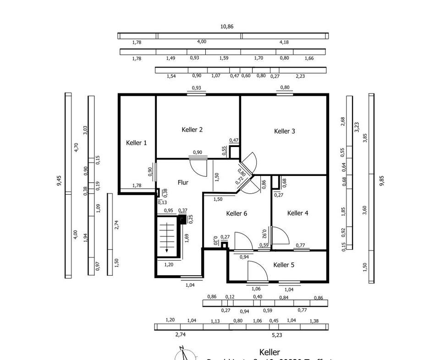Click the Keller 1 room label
pyautogui.click(x=137, y=143)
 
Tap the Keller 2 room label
pyautogui.click(x=192, y=130)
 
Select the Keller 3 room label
pyautogui.click(x=285, y=131)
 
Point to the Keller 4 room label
pyautogui.click(x=298, y=213)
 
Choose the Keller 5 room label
pyautogui.click(x=284, y=265)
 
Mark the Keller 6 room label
pyautogui.click(x=237, y=213)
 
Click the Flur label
pyautogui.click(x=183, y=182)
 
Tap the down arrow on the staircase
pyautogui.click(x=167, y=250)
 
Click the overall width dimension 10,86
pyautogui.click(x=227, y=27)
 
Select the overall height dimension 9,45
pyautogui.click(x=59, y=180)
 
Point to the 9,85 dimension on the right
pyautogui.click(x=382, y=180)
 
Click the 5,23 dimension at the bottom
pyautogui.click(x=277, y=335)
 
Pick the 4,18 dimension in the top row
pyautogui.click(x=284, y=42)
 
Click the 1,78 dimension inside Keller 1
pyautogui.click(x=137, y=185)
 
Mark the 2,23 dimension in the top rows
pyautogui.click(x=300, y=76)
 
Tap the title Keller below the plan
pyautogui.click(x=269, y=352)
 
